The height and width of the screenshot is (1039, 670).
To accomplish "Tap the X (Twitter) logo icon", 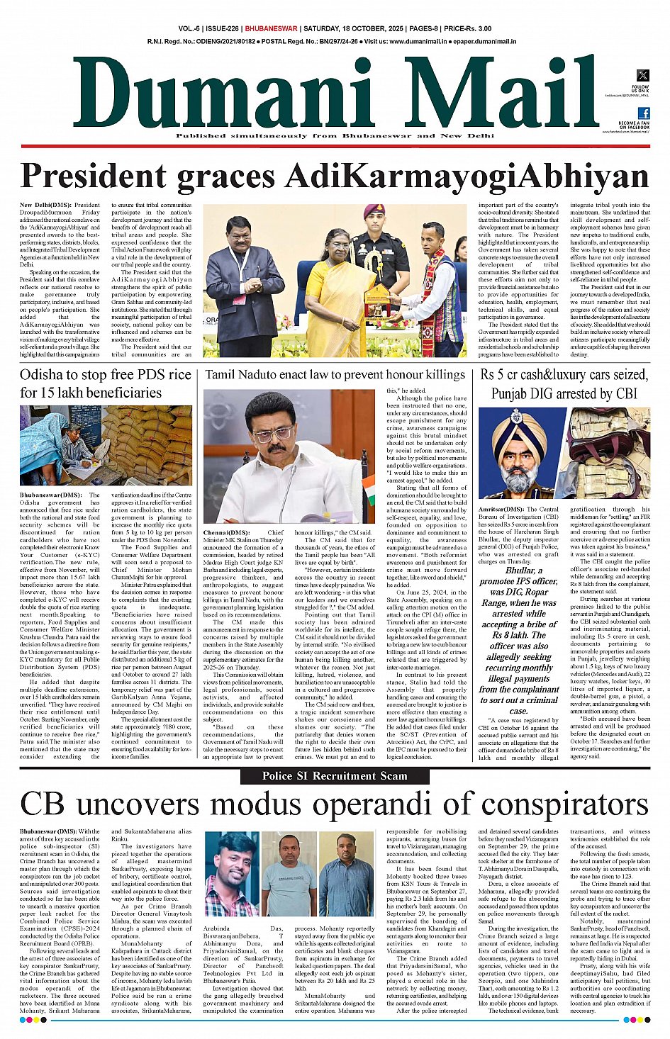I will point(642,75).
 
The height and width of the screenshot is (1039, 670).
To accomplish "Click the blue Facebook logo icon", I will point(644,113).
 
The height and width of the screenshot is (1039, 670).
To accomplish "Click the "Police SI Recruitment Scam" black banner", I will point(335,775).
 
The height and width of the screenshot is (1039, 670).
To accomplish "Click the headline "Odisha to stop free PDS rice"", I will point(106,375).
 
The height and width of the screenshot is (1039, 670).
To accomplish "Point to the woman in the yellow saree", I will point(332,291).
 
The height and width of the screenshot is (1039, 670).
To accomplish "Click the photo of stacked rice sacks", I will point(147,444).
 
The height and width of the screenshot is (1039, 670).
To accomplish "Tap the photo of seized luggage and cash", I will point(610,452).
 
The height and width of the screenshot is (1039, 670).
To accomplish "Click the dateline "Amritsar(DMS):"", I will point(501,509).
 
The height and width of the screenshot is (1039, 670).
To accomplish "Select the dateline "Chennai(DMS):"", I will point(226,532).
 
